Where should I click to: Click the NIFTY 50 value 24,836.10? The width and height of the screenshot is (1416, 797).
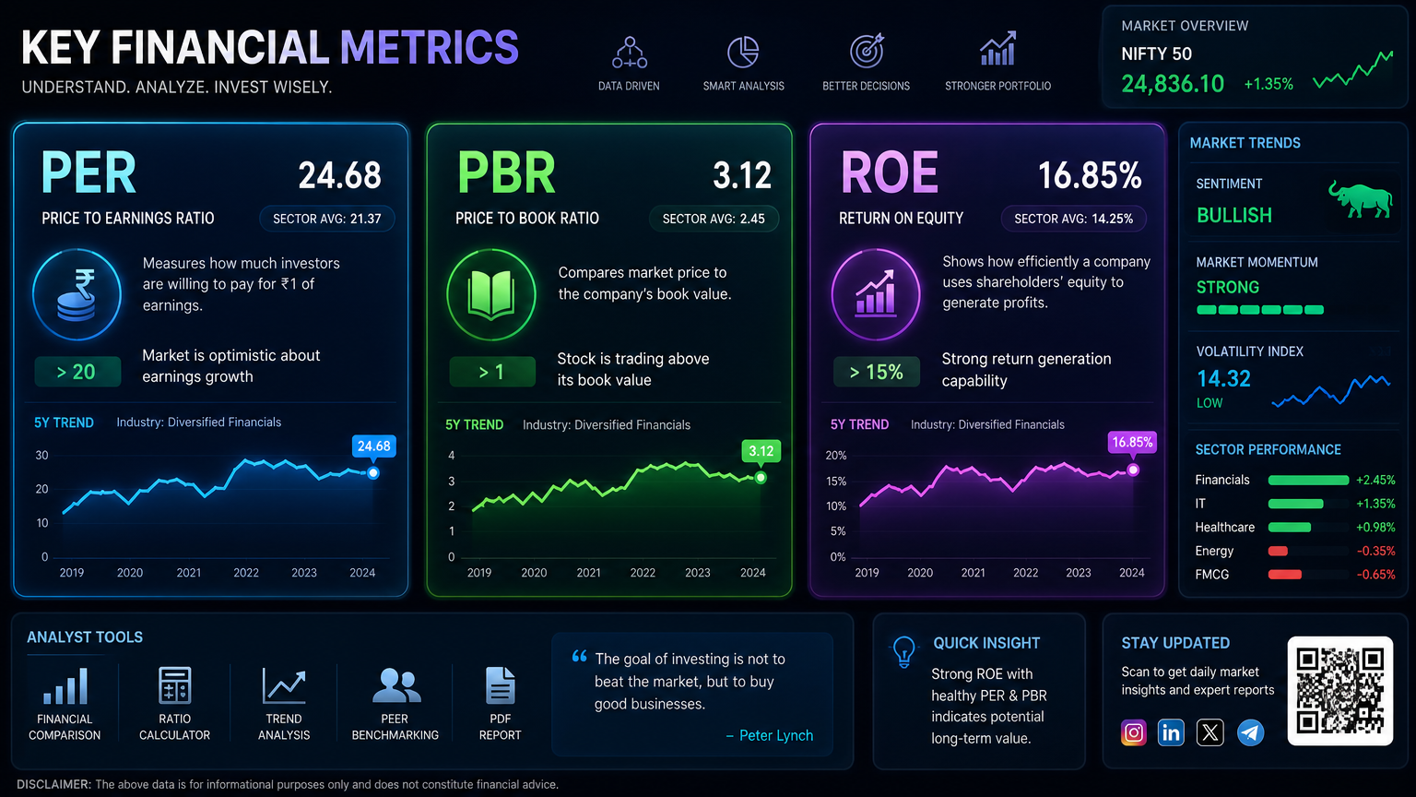[x=1172, y=84]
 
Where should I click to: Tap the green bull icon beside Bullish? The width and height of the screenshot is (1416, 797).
[x=1361, y=199]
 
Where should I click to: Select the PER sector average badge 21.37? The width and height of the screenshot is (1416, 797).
[x=327, y=219]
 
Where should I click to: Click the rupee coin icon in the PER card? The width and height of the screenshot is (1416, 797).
[x=77, y=295]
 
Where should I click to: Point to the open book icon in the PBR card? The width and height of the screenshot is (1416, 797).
[x=491, y=295]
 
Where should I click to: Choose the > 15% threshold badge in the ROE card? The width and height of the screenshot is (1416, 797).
[x=876, y=372]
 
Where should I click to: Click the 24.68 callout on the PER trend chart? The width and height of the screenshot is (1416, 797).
[x=373, y=446]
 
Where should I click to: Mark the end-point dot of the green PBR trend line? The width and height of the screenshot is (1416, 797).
[x=761, y=478]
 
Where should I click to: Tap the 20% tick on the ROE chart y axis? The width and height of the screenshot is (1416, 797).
[x=836, y=456]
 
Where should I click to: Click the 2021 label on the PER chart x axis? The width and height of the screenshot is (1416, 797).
[x=188, y=573]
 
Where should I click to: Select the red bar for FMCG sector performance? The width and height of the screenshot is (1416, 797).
[x=1284, y=575]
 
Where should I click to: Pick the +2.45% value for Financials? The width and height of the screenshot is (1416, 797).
[x=1375, y=480]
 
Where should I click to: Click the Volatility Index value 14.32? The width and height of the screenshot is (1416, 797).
[x=1224, y=379]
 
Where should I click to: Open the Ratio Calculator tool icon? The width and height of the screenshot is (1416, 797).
[x=174, y=685]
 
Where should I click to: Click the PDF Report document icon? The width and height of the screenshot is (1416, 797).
[x=500, y=685]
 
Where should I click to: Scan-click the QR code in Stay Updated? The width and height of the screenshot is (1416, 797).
[x=1340, y=691]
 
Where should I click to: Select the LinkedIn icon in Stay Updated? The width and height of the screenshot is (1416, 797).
[x=1171, y=732]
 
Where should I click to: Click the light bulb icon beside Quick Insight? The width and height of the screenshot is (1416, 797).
[x=904, y=651]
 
